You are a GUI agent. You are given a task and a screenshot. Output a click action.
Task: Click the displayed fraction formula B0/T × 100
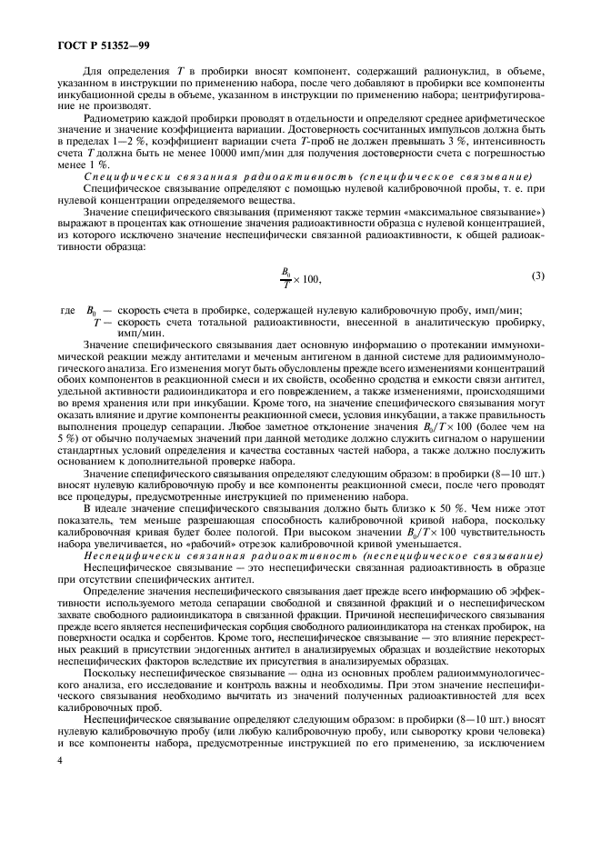tap(301, 277)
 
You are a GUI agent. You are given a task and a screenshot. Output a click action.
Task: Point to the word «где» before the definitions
tap(66, 311)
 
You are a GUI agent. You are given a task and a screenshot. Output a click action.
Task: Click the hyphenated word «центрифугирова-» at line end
tap(507, 95)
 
